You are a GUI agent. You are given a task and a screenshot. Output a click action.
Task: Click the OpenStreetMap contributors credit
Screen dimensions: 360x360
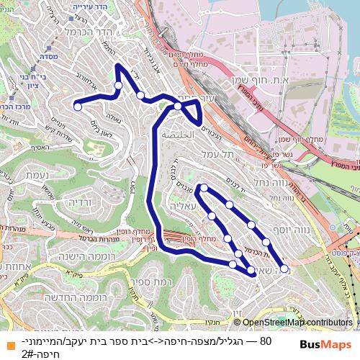click(296, 323)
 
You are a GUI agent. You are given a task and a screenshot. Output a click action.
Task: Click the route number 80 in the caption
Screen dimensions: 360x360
click(265, 340)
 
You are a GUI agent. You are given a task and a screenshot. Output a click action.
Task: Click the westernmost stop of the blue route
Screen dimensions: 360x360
click(78, 107)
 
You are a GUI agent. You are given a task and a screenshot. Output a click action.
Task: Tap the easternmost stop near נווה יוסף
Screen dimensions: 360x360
click(284, 269)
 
